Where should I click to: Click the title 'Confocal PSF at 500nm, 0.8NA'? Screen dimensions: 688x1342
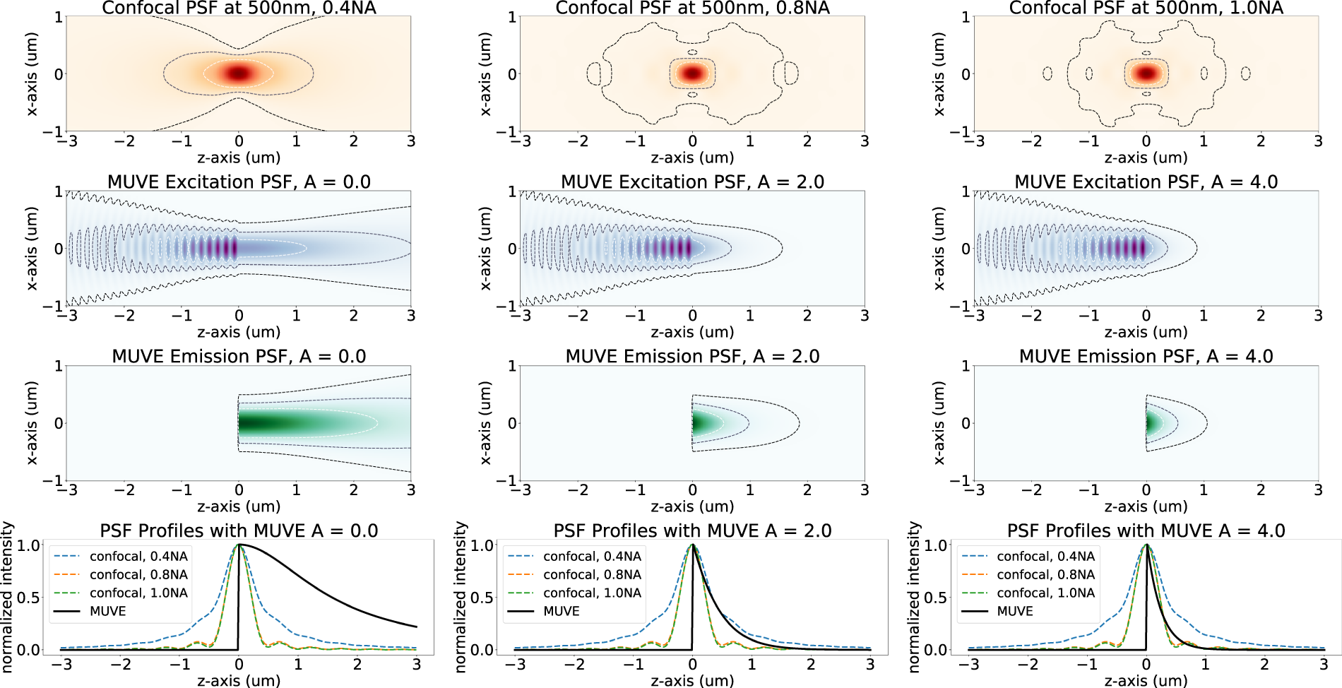pos(692,8)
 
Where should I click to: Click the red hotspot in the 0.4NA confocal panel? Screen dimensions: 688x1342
pos(239,73)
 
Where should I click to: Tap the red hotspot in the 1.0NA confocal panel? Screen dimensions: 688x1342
pos(1146,73)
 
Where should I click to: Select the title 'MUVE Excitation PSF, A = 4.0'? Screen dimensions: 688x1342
pos(1146,182)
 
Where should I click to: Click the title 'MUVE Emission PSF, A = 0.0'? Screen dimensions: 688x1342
pos(239,356)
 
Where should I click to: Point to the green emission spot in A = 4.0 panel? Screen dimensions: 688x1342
pos(1150,423)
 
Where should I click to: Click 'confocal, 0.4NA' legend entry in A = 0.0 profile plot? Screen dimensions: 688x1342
pos(138,557)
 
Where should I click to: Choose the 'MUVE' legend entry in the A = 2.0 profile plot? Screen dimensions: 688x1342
pos(561,611)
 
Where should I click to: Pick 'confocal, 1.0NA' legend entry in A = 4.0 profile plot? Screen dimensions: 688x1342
pos(1045,593)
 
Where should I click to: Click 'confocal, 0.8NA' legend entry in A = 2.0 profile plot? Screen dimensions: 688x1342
pos(592,574)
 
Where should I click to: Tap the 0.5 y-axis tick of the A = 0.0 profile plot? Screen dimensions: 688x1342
pos(25,598)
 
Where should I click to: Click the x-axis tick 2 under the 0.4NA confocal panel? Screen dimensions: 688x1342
pos(353,141)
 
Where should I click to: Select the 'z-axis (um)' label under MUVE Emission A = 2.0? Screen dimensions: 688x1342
pos(692,506)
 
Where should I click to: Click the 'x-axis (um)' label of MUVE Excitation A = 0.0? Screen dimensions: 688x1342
pos(30,249)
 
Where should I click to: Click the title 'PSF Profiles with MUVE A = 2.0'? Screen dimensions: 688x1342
pos(692,530)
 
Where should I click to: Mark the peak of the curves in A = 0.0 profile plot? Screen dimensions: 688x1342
pos(239,545)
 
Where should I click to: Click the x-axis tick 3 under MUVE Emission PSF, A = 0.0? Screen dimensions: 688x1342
pos(411,490)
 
